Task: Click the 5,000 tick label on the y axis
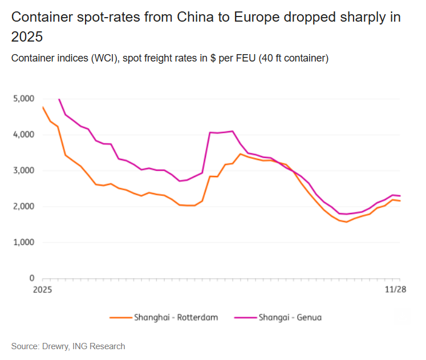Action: (x=23, y=99)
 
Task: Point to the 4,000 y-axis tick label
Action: (x=23, y=135)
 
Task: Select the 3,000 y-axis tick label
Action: (x=23, y=171)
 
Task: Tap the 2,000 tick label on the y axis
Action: (x=23, y=207)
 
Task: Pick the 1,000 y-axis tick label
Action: (x=23, y=243)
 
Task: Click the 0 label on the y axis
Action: (x=32, y=279)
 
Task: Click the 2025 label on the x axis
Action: (x=43, y=290)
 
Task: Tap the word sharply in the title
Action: (x=356, y=17)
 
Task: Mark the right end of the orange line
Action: (x=399, y=201)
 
